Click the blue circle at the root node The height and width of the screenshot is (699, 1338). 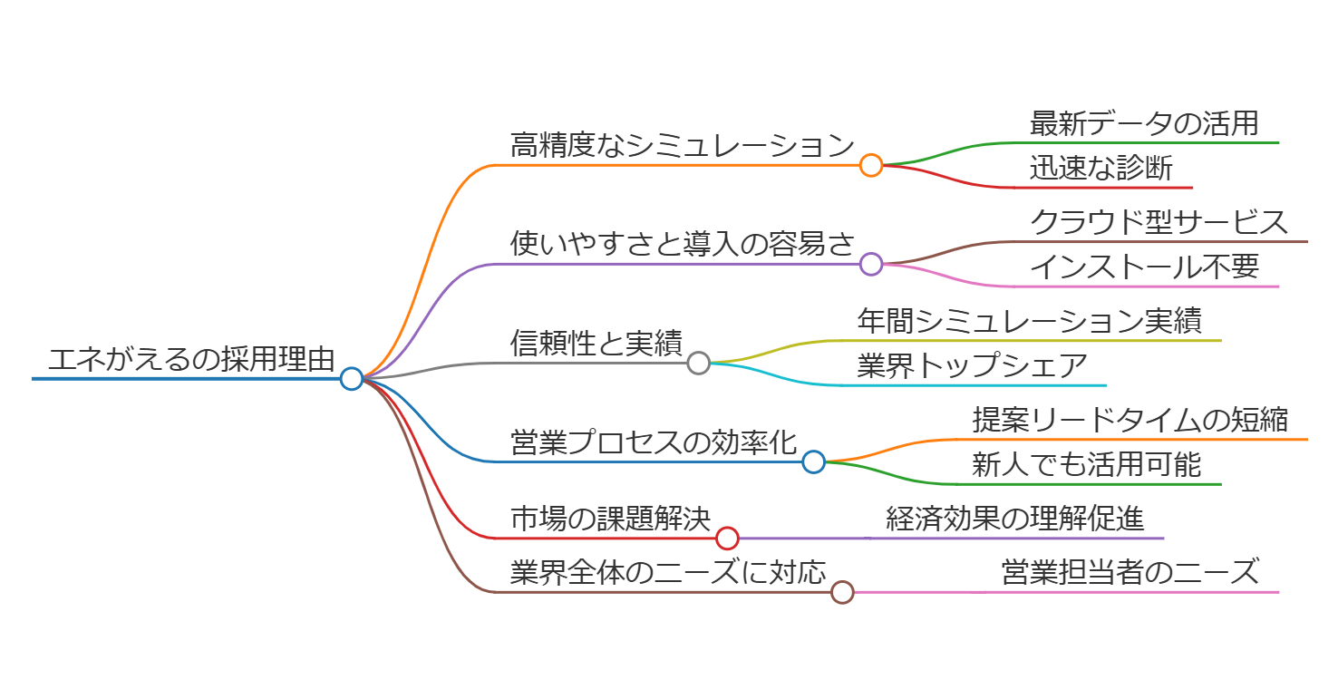[x=352, y=379]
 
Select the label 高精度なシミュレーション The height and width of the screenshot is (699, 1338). [x=682, y=145]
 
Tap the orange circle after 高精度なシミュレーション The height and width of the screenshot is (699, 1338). [x=871, y=165]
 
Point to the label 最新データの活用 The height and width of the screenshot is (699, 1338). [x=1144, y=123]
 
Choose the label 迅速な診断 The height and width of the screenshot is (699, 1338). [x=1101, y=168]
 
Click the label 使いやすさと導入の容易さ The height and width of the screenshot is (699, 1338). [x=682, y=244]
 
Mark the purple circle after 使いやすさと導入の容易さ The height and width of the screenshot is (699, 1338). [x=871, y=264]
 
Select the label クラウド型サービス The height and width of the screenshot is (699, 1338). [x=1159, y=222]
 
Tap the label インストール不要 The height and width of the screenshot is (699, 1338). [x=1144, y=267]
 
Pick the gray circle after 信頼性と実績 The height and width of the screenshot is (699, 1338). [x=698, y=363]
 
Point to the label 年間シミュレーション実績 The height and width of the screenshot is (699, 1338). [x=1029, y=321]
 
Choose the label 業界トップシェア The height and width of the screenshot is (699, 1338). [x=972, y=365]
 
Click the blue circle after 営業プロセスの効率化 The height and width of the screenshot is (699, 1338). [x=814, y=461]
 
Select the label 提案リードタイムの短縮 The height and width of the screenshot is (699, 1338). [x=1130, y=420]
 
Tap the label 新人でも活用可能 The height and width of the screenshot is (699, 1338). [x=1086, y=464]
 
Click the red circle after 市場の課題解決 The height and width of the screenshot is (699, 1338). [x=727, y=539]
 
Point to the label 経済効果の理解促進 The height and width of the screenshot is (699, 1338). [x=1014, y=519]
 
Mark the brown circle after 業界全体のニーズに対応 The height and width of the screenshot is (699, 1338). [x=842, y=592]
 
